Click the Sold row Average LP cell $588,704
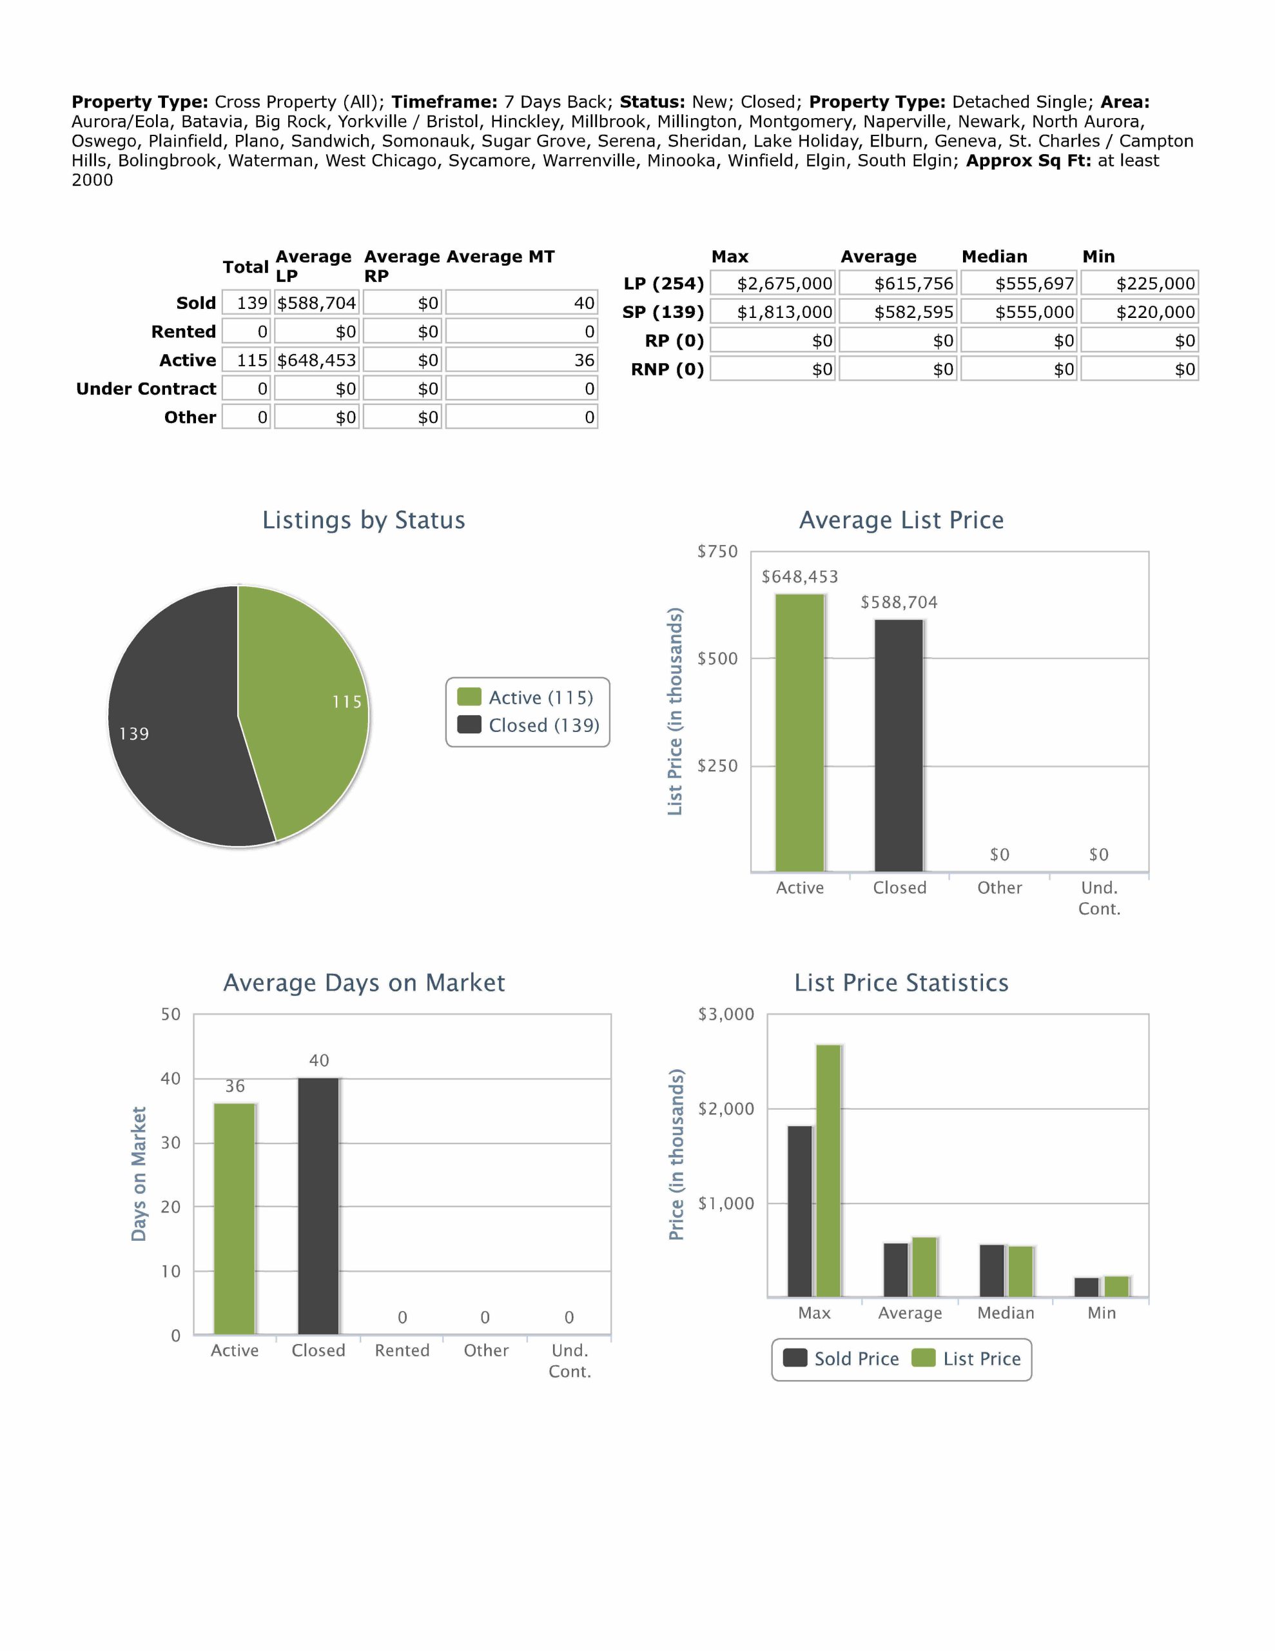coord(316,303)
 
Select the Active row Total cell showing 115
coord(246,361)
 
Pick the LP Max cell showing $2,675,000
coord(773,284)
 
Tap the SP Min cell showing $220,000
coord(1140,312)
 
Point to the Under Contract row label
coord(146,388)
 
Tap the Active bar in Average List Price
coord(800,733)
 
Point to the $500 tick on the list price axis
coord(717,659)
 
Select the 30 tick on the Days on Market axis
coord(171,1143)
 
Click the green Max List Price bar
coord(828,1171)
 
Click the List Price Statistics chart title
coord(901,983)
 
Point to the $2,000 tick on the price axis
coord(726,1109)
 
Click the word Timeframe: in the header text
coord(443,102)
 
